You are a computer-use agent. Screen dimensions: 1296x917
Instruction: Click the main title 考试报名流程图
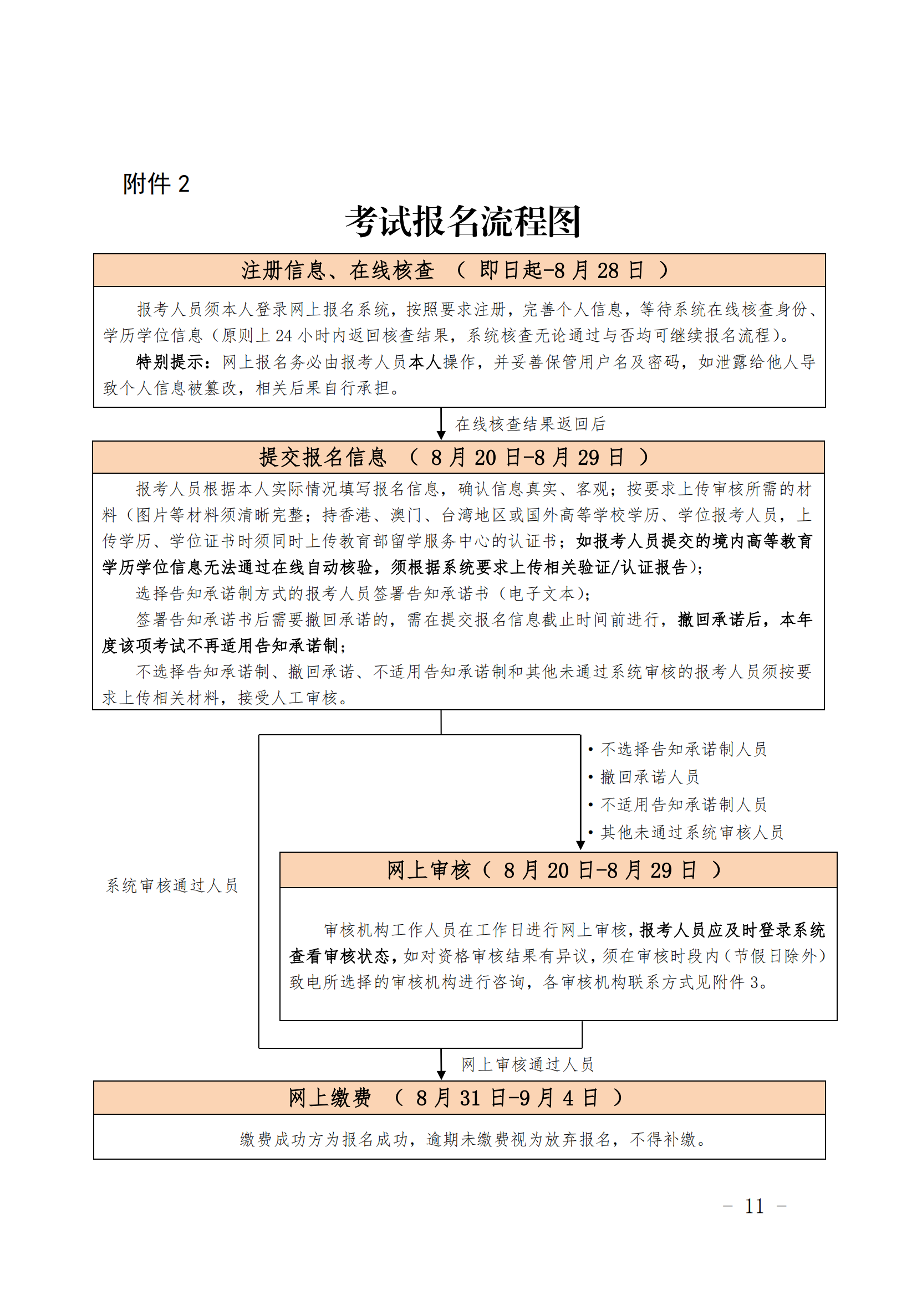463,221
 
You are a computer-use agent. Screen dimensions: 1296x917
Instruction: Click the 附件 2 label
156,184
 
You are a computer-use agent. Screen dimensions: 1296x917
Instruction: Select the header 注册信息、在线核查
338,270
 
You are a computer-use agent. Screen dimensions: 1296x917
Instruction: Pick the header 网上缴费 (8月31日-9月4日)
455,1097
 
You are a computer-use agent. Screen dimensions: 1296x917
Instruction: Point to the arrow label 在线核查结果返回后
530,424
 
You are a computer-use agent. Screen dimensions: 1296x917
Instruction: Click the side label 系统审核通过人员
172,885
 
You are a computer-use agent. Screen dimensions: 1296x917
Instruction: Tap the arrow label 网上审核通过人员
527,1064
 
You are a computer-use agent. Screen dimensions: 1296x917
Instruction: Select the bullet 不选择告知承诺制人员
683,749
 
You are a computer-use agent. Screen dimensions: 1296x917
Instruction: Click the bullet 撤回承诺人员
649,777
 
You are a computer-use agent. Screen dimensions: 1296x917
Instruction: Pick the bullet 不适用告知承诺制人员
683,805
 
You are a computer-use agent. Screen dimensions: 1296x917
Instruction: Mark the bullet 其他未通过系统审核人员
692,832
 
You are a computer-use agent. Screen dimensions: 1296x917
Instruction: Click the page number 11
755,1206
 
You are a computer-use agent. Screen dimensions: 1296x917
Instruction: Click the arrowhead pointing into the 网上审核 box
580,844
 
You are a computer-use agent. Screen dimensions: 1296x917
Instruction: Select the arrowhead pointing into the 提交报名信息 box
441,434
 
